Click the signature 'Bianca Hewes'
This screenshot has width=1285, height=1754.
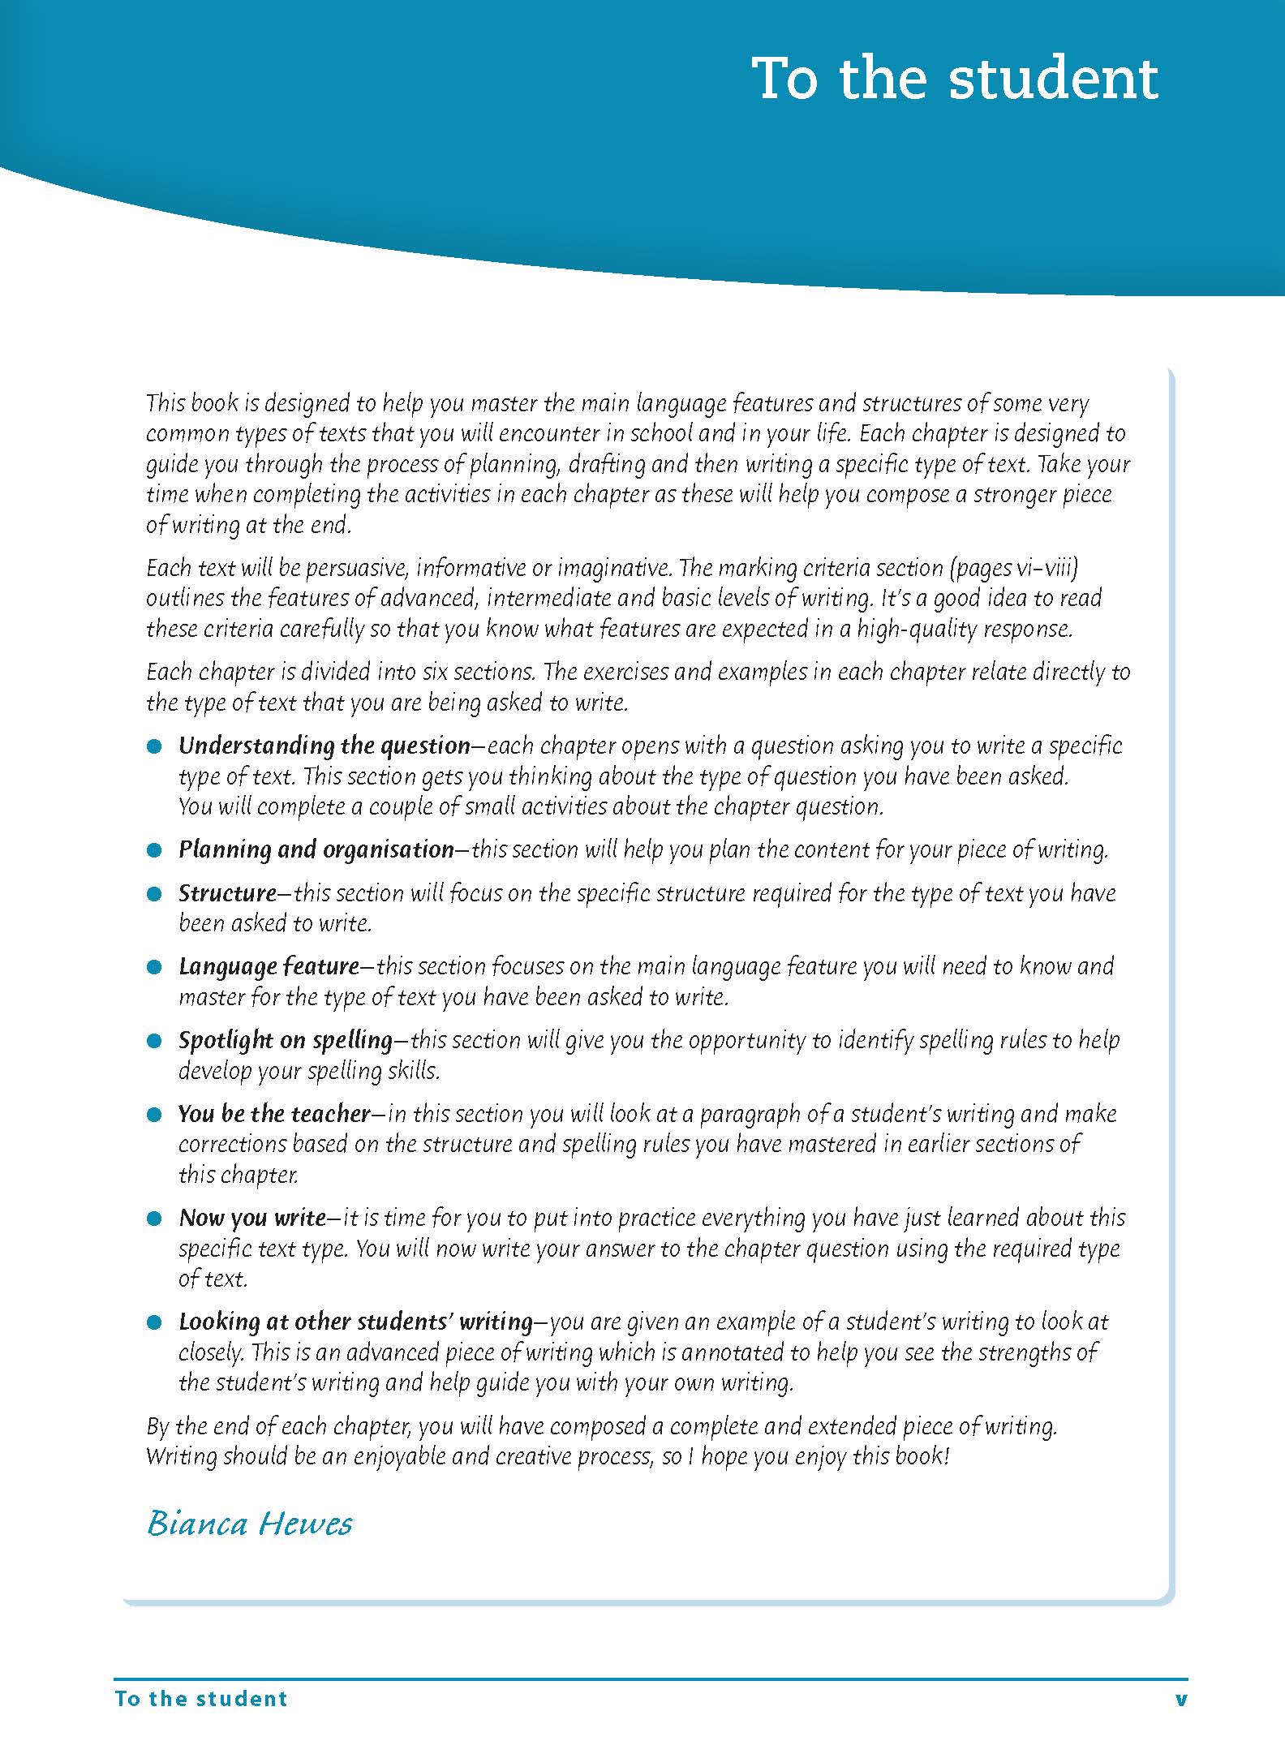point(250,1524)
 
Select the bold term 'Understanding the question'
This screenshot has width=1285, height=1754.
point(324,746)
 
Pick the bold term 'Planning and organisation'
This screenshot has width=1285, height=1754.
point(316,849)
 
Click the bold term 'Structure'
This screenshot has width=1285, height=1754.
point(228,893)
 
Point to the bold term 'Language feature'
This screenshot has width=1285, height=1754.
point(269,966)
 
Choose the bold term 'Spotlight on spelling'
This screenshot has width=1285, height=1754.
point(286,1040)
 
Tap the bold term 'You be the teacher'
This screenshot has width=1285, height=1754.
point(274,1114)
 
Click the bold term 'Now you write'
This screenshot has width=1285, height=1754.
point(252,1218)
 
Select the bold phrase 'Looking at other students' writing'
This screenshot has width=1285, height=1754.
point(355,1322)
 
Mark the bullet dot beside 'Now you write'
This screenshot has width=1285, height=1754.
point(155,1219)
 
